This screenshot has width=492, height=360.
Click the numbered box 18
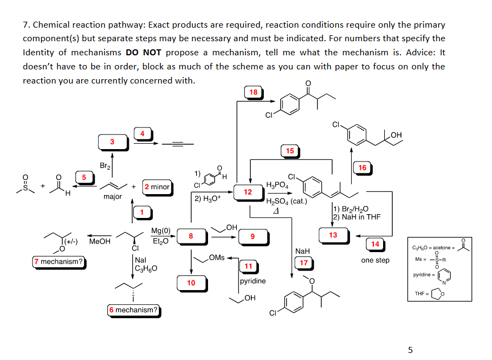coord(253,92)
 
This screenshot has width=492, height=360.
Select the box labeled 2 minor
coord(157,187)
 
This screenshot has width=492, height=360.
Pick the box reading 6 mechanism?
coord(133,310)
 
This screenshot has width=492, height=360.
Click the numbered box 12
coord(248,192)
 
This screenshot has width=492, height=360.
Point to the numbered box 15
coord(290,151)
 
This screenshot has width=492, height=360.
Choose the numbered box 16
coord(362,168)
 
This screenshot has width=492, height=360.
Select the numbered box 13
coord(333,235)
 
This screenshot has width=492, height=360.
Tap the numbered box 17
coord(304,263)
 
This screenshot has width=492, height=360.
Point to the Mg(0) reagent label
coord(160,231)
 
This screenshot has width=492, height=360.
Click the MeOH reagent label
coord(100,241)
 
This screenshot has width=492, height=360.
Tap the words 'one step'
coord(375,260)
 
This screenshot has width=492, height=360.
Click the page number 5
coord(410,350)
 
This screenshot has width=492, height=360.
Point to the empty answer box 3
coord(112,142)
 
